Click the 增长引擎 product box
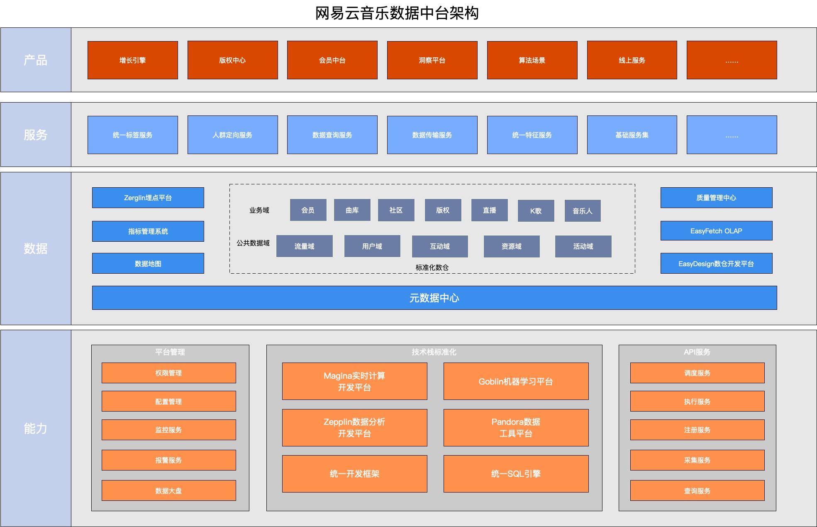coord(132,60)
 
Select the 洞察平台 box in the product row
coord(432,60)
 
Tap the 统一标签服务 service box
coord(132,135)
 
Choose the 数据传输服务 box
coord(432,135)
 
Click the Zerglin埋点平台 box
coord(148,198)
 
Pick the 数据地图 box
coord(148,264)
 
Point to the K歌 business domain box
coord(536,211)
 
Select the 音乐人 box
coord(582,211)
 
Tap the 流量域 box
coord(304,246)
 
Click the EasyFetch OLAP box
coord(716,231)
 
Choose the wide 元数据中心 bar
coord(434,298)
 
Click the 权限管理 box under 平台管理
coord(168,373)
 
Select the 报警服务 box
coord(168,460)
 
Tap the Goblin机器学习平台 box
coord(516,382)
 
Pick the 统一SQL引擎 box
coord(516,474)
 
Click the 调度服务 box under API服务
coord(697,373)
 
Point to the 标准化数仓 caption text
coord(432,267)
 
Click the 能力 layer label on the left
coord(36,428)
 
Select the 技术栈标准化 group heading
coord(434,352)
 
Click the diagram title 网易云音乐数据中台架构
coord(397,13)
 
